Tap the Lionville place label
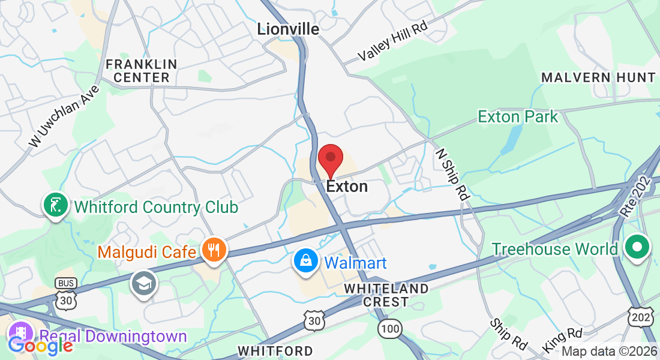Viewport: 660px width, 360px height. pos(288,28)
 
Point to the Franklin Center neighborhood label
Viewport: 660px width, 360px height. pos(142,71)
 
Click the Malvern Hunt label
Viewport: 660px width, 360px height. pos(598,77)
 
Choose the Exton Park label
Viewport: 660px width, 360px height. pos(518,116)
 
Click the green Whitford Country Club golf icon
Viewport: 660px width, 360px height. pos(55,205)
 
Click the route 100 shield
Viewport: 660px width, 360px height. pos(389,328)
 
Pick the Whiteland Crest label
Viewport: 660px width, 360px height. pos(386,295)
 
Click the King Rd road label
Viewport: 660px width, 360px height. pos(562,340)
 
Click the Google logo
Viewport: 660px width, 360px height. pos(40,345)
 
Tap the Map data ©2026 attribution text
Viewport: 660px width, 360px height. pos(608,352)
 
